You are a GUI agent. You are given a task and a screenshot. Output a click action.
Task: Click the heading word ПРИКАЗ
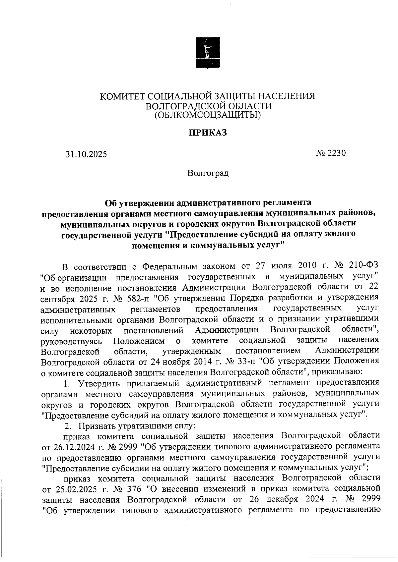pos(208,133)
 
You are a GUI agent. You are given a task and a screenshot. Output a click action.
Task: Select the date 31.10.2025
pos(86,154)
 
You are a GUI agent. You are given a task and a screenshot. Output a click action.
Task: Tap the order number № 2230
pos(331,153)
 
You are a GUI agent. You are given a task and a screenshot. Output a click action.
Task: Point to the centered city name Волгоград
pos(208,173)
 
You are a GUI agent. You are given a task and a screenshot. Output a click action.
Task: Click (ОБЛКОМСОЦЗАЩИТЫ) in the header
pos(208,115)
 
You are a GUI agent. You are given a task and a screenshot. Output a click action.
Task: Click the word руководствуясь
pos(71,341)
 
